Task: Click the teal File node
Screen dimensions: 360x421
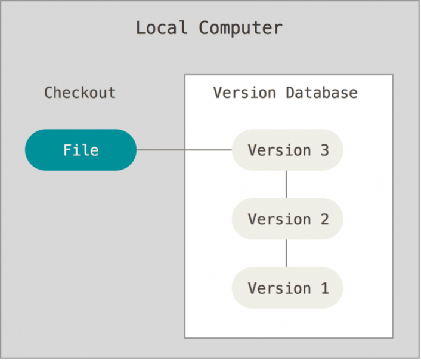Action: pyautogui.click(x=81, y=150)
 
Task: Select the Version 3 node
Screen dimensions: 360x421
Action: pyautogui.click(x=287, y=150)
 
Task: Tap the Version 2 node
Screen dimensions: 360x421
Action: pyautogui.click(x=287, y=219)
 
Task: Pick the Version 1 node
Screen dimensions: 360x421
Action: pyautogui.click(x=287, y=288)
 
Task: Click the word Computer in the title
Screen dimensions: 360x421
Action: pyautogui.click(x=240, y=28)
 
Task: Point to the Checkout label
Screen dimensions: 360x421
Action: pyautogui.click(x=79, y=93)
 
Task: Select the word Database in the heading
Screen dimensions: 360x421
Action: pyautogui.click(x=321, y=93)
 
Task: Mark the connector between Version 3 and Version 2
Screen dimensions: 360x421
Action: pyautogui.click(x=286, y=184)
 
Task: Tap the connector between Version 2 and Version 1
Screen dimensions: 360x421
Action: pyautogui.click(x=286, y=254)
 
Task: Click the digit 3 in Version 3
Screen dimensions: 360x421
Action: pyautogui.click(x=324, y=150)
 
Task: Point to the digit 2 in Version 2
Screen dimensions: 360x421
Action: pyautogui.click(x=324, y=219)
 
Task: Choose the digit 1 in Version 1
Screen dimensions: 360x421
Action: pyautogui.click(x=324, y=288)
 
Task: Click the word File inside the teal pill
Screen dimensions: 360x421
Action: pyautogui.click(x=81, y=150)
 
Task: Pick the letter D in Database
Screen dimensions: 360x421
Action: pyautogui.click(x=290, y=93)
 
